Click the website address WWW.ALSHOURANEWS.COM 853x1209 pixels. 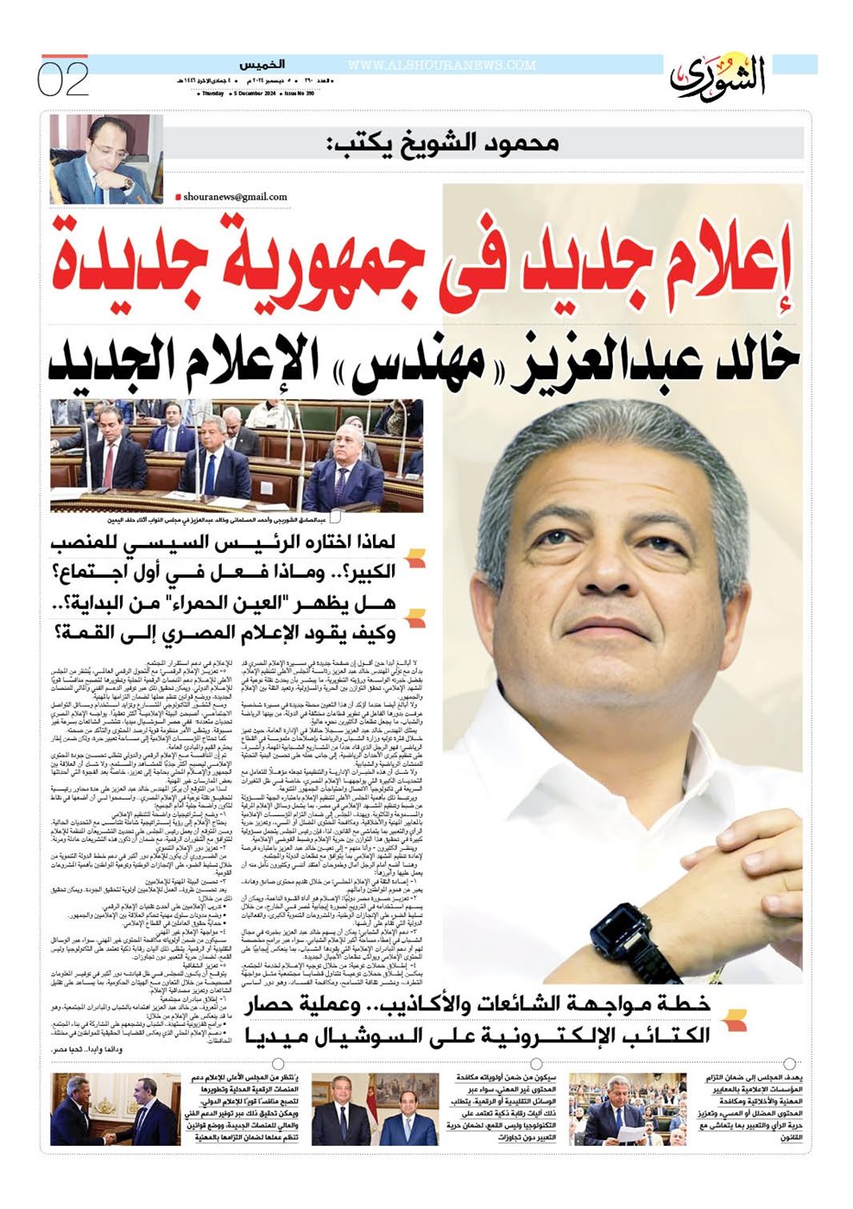point(441,66)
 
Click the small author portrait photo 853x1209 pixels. point(106,158)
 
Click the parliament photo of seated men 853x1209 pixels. point(236,456)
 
